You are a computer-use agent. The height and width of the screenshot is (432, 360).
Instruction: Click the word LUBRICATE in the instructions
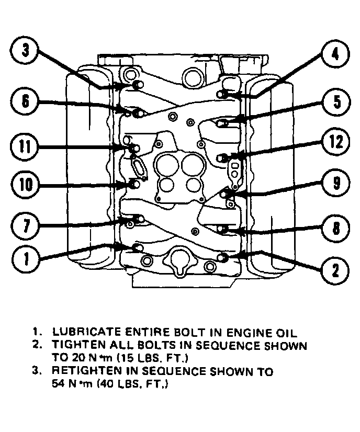[84, 332]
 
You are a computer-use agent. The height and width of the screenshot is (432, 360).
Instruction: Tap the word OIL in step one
[286, 332]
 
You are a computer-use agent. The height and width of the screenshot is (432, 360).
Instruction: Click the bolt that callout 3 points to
[138, 85]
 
